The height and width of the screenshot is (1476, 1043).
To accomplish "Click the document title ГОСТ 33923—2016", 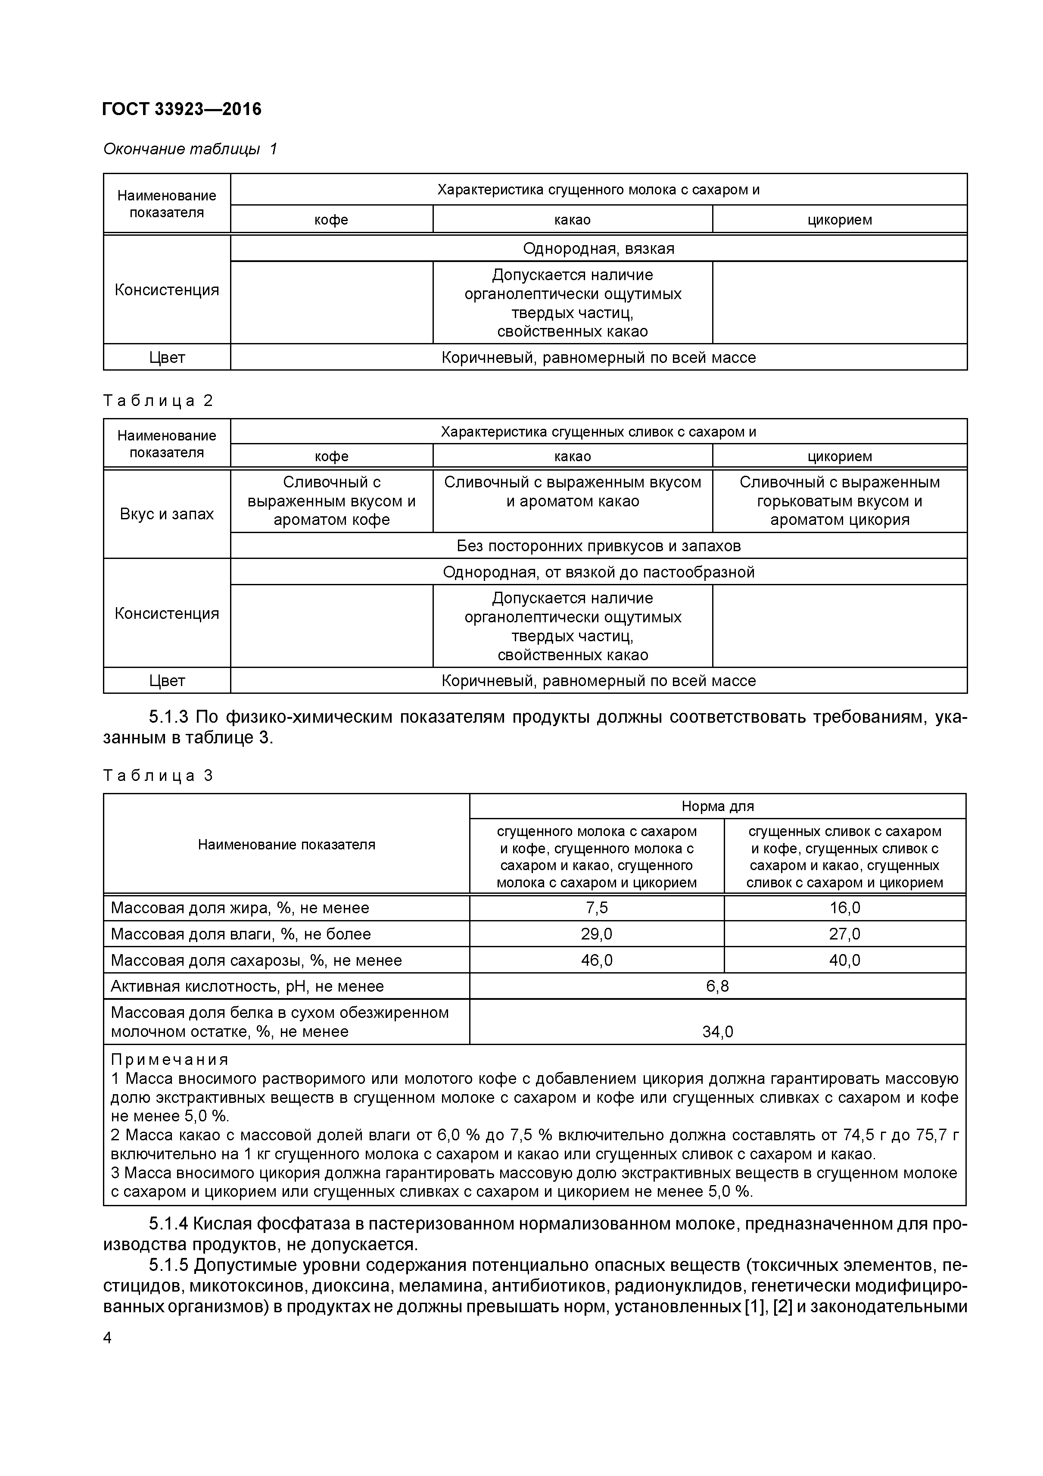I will (182, 109).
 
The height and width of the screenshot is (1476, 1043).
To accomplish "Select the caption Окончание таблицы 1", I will (190, 149).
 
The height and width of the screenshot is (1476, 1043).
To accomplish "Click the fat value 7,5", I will (596, 908).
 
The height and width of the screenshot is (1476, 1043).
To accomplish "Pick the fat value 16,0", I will (844, 908).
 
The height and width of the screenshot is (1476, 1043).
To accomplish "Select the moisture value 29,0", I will (596, 933).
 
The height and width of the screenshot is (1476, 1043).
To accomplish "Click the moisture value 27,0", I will (844, 933).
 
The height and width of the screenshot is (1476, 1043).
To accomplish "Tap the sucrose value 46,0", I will (596, 960).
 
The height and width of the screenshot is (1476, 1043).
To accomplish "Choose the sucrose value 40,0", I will (844, 960).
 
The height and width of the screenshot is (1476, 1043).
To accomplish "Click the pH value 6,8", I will (717, 986).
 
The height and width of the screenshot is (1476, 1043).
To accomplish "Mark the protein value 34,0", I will (717, 1031).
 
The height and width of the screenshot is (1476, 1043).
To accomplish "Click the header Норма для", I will (717, 806).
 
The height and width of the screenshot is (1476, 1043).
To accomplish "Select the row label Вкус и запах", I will (166, 514).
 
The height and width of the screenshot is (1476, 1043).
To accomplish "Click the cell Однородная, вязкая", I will (598, 248).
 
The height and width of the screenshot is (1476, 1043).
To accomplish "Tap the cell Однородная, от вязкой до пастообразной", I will (598, 571).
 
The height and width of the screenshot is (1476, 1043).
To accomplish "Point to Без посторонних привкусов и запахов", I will (598, 546).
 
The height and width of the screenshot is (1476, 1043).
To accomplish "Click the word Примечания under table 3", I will (170, 1059).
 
